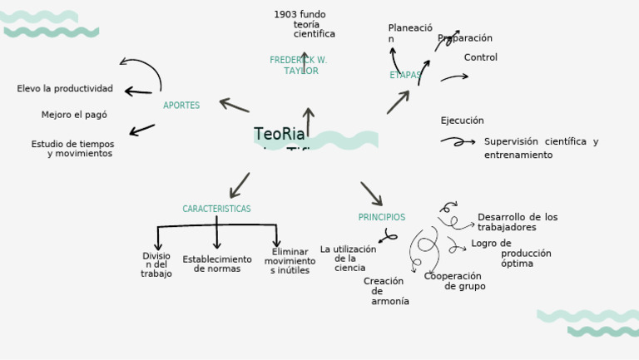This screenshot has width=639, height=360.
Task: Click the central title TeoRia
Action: pyautogui.click(x=280, y=135)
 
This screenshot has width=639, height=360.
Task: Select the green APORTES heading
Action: pyautogui.click(x=181, y=106)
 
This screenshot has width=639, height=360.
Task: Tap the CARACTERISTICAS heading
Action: pyautogui.click(x=216, y=209)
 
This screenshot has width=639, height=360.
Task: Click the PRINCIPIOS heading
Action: pyautogui.click(x=382, y=217)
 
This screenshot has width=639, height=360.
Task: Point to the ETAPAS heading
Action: pyautogui.click(x=404, y=75)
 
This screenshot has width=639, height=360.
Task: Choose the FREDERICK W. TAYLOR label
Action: pyautogui.click(x=299, y=66)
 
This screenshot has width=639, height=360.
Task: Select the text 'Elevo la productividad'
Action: pyautogui.click(x=65, y=89)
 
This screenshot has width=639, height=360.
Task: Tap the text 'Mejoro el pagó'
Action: pyautogui.click(x=74, y=115)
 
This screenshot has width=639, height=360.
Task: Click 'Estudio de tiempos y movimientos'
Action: pyautogui.click(x=73, y=149)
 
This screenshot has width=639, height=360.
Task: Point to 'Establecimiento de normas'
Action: pyautogui.click(x=217, y=264)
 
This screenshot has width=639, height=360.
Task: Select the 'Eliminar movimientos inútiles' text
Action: pyautogui.click(x=290, y=261)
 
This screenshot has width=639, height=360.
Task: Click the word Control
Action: pyautogui.click(x=480, y=57)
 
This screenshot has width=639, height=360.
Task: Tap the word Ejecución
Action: pyautogui.click(x=462, y=121)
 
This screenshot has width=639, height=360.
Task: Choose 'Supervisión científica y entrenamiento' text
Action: pyautogui.click(x=540, y=148)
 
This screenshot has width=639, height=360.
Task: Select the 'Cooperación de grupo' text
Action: pyautogui.click(x=454, y=281)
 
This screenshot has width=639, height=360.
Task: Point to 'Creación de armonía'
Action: pyautogui.click(x=386, y=291)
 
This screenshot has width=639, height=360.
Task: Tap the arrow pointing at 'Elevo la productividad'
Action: pyautogui.click(x=138, y=91)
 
